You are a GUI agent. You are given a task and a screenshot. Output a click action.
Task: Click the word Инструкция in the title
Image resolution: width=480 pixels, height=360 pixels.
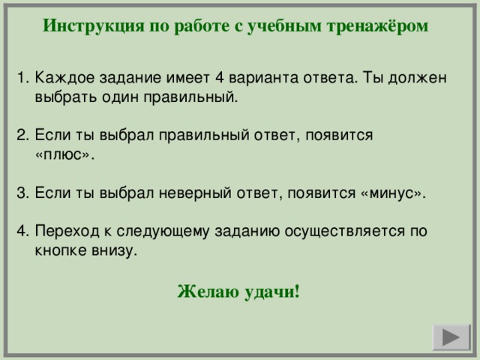tap(93, 26)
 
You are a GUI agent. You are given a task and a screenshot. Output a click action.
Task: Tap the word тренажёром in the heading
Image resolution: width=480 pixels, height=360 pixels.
tap(377, 25)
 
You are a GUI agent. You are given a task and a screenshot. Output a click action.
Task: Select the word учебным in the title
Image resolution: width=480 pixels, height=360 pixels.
tap(284, 26)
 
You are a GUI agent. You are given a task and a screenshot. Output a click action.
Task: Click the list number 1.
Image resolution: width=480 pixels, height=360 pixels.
tap(22, 77)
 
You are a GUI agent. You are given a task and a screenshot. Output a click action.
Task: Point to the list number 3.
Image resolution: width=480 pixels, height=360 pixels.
tap(22, 193)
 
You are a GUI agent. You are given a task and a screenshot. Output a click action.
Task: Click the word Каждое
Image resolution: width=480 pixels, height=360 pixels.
tap(65, 78)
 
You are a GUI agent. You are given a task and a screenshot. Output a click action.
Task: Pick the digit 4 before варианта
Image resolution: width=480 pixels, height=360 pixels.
tap(220, 77)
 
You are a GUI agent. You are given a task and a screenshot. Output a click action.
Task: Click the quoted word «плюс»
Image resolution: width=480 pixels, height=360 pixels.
tap(65, 154)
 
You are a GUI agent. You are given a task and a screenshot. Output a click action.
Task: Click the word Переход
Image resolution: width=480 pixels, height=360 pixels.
tap(67, 231)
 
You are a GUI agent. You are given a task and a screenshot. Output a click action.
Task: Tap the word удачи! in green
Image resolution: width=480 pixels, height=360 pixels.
tap(271, 292)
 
